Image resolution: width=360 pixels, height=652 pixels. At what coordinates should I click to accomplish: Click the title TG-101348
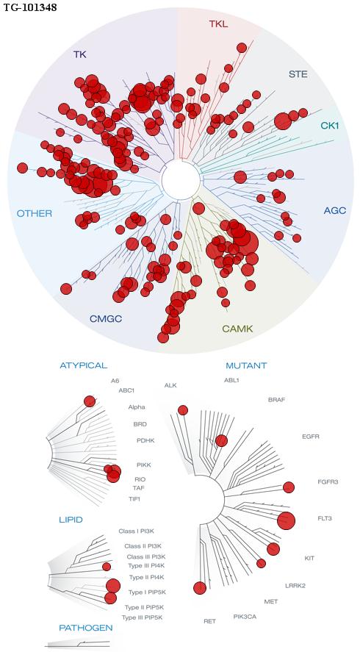(30, 7)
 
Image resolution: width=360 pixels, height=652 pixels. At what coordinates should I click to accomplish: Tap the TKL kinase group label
(218, 24)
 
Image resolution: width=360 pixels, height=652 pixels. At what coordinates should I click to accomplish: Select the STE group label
(298, 74)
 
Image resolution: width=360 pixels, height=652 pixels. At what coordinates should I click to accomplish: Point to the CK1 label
(330, 125)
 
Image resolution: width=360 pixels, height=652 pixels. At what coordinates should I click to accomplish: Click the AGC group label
(334, 210)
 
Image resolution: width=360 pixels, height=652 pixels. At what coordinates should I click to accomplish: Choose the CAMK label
(237, 329)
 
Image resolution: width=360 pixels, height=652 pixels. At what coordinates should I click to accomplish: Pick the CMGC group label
(106, 319)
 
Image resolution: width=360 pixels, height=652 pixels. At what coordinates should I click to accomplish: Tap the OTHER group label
(34, 214)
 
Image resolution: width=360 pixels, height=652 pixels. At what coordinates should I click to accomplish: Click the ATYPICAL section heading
(84, 365)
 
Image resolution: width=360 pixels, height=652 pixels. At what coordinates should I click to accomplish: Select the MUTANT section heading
(246, 366)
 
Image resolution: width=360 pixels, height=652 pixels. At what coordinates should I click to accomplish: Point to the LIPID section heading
(71, 520)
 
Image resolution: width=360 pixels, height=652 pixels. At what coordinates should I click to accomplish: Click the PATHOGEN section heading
(86, 628)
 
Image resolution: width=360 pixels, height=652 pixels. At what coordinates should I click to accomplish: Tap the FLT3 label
(324, 518)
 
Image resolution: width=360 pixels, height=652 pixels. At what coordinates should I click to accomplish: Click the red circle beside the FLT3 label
(286, 520)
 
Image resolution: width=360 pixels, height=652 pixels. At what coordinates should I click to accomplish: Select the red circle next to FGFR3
(289, 487)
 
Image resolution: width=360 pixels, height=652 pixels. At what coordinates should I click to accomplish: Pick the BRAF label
(277, 400)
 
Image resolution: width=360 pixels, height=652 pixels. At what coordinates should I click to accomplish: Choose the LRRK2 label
(295, 586)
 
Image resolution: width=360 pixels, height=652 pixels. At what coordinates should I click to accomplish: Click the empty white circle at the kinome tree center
(181, 180)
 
